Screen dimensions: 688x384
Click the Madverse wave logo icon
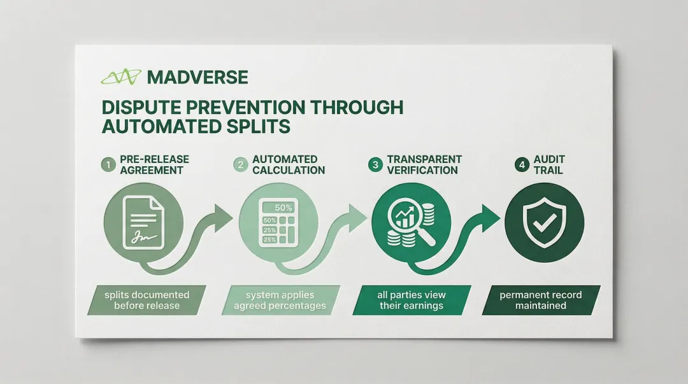pos(121,77)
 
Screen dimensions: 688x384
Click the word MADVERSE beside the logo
pos(197,77)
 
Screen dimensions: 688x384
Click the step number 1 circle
pos(108,165)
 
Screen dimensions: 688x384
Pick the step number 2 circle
pos(240,165)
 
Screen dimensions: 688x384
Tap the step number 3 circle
pos(375,165)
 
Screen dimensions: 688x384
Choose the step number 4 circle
pos(522,165)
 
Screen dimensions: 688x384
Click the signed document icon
pos(143,223)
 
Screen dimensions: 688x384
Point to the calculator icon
pos(278,222)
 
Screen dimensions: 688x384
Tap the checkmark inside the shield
pos(545,223)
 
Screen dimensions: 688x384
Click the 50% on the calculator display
pos(283,208)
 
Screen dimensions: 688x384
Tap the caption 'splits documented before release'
pos(147,300)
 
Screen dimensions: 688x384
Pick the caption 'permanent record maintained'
pos(541,300)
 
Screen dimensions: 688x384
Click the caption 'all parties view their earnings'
pos(412,300)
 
